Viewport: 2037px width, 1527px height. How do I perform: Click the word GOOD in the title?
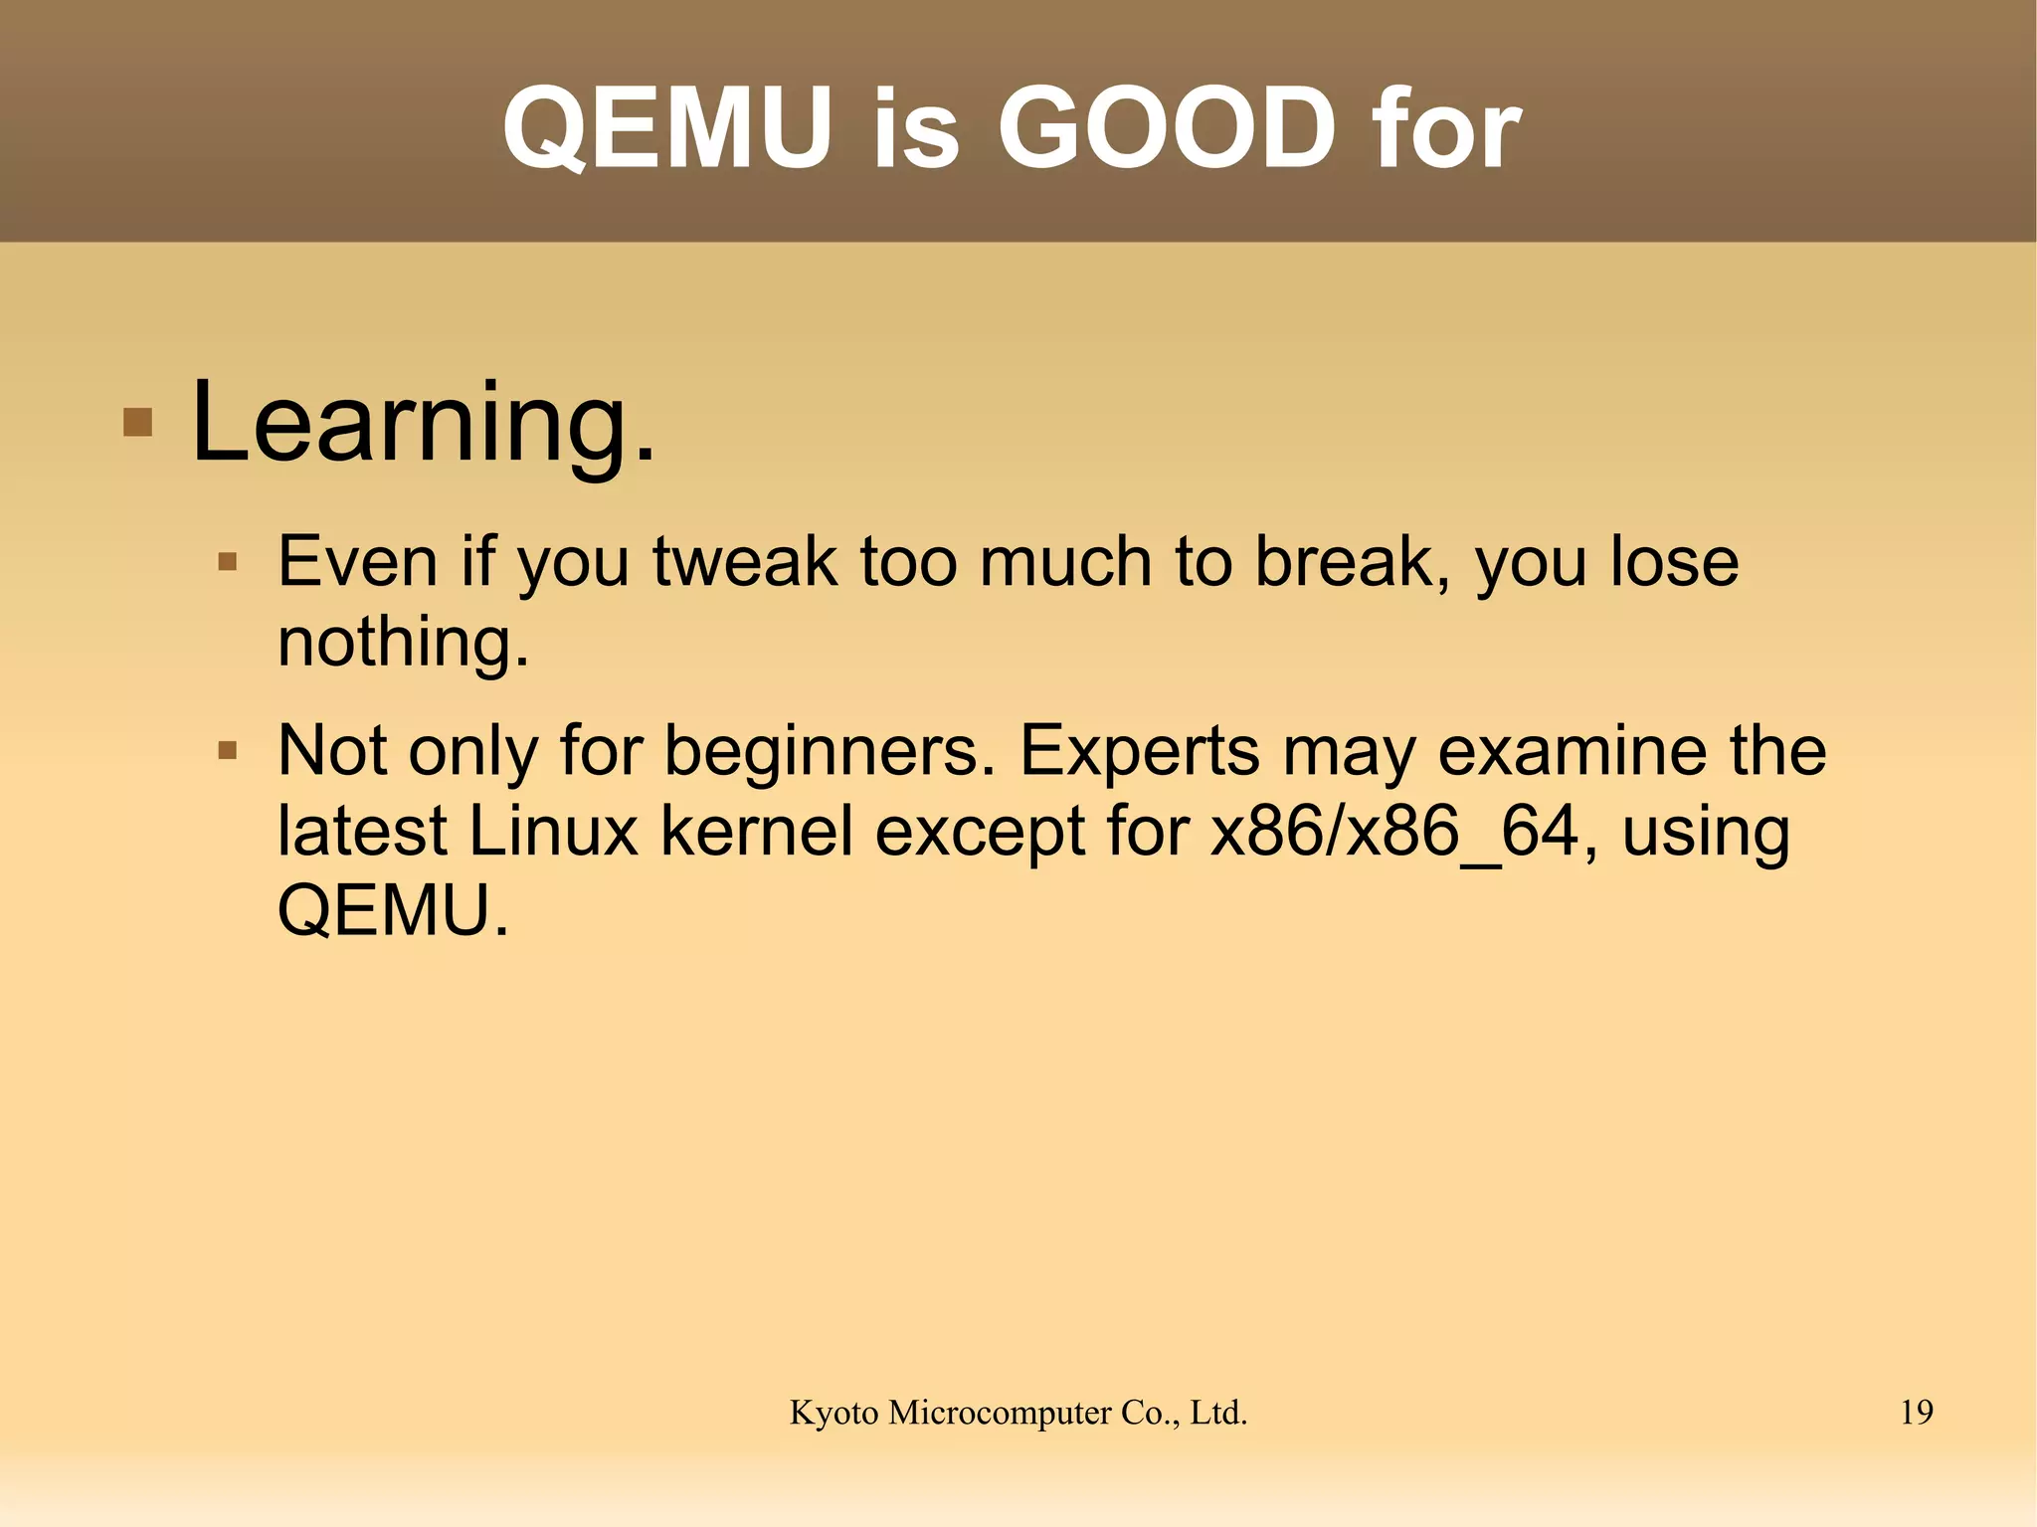tap(1166, 128)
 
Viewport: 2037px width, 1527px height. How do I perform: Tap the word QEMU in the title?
tap(666, 128)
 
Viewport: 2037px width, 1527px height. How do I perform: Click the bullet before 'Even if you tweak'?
tap(228, 563)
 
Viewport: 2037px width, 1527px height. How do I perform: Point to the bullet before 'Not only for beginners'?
tap(228, 750)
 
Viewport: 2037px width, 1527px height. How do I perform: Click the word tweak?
tap(745, 562)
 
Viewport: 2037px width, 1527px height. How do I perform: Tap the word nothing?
tap(403, 642)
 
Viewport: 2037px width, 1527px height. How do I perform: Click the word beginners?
tap(829, 750)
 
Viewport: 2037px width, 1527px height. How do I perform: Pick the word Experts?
tap(1140, 750)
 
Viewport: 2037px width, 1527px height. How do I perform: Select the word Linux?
tap(553, 831)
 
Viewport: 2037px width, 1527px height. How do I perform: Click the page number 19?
tap(1916, 1413)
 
